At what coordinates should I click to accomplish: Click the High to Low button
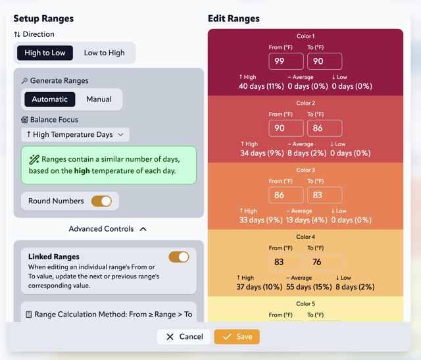45,53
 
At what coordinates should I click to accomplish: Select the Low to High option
104,53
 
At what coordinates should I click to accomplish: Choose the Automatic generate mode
50,99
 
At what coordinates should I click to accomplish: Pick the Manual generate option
99,99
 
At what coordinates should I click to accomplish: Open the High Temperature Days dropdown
75,134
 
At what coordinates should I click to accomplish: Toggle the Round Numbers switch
101,201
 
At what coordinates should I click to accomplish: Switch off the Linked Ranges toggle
179,257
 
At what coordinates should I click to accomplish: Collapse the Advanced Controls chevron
143,229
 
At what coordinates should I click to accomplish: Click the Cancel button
184,336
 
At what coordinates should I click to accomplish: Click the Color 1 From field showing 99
286,61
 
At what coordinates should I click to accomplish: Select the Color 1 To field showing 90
324,61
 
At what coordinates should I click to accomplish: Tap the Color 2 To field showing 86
324,128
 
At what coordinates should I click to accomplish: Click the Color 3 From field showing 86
286,195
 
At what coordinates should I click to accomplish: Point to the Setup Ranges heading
43,18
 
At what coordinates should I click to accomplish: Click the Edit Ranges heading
234,18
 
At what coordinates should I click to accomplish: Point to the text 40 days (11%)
261,86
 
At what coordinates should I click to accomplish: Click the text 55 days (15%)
308,287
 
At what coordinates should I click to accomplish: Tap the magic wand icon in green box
34,160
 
